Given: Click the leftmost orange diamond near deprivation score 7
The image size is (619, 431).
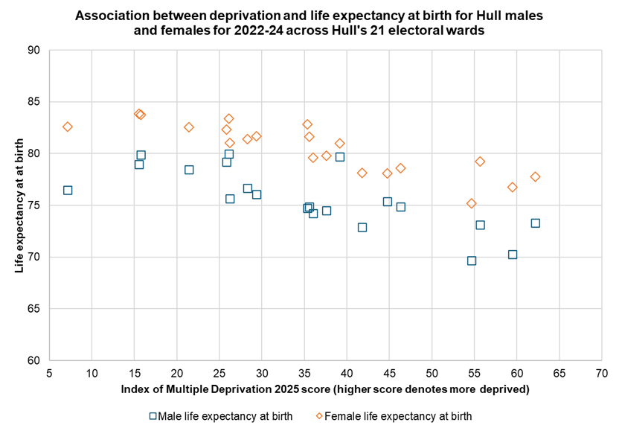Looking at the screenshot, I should coord(68,127).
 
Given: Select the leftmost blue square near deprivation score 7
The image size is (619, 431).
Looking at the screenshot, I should coord(68,191).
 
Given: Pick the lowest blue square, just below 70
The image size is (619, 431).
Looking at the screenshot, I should coord(472,261).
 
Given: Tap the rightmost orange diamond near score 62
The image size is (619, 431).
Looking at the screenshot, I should coord(535,176).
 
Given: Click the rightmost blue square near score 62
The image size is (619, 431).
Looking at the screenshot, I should coord(535,223).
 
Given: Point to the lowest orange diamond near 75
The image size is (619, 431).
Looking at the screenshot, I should coord(472,203).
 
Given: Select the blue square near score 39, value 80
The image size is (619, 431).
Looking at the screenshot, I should coord(340,157).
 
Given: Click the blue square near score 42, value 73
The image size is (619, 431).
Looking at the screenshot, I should coord(362,228).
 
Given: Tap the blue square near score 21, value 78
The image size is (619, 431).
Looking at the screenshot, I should coord(189,170).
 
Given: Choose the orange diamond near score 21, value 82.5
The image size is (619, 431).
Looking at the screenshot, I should coord(189,127).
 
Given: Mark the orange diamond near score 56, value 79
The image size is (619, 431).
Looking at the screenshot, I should coord(480,162).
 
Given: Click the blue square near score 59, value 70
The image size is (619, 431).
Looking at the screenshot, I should coord(512,255).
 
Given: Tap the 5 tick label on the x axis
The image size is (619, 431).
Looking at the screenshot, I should coord(49,374).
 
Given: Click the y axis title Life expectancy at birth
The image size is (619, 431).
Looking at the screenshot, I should coord(20,205).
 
